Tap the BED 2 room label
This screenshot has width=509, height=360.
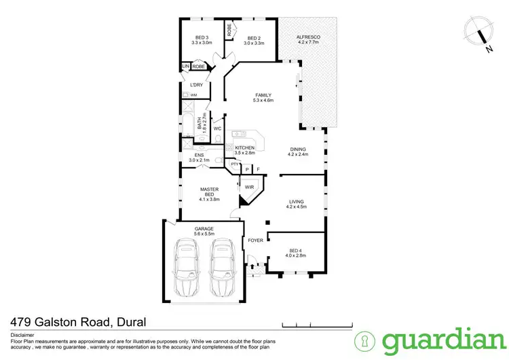254,38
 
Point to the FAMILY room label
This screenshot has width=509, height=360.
263,95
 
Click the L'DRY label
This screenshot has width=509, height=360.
197,85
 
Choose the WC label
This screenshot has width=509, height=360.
217,128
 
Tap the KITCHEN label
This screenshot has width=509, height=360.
244,147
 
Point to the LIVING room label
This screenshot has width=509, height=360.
296,202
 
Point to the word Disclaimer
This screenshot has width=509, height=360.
24,334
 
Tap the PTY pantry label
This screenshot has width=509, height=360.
235,164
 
